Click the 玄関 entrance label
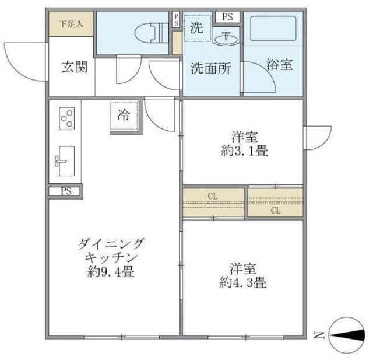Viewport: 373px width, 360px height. (x=75, y=67)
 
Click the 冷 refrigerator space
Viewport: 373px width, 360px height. (x=124, y=116)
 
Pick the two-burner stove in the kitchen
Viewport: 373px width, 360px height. (x=65, y=119)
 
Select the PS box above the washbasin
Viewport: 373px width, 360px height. (x=226, y=16)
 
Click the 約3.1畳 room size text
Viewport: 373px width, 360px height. (x=244, y=152)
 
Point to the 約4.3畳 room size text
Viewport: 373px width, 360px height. (x=244, y=284)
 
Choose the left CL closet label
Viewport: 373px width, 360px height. (x=213, y=196)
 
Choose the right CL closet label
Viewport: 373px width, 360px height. (x=275, y=211)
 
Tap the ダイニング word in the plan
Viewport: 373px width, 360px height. (x=111, y=244)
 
